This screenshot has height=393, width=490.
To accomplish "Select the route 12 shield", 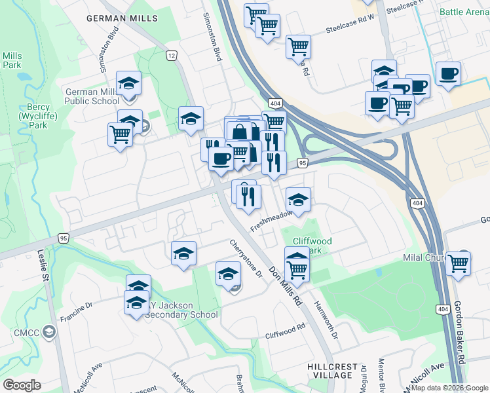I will (172, 56).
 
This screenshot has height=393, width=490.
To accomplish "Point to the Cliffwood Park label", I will (312, 246).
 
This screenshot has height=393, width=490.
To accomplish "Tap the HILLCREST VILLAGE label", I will (332, 371).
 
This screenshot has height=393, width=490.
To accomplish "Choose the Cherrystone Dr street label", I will (246, 257).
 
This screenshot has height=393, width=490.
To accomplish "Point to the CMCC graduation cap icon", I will (49, 332).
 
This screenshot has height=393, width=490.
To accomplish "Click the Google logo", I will (22, 385).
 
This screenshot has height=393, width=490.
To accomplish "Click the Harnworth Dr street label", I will (325, 320).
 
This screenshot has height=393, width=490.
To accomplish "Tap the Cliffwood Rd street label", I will (285, 331).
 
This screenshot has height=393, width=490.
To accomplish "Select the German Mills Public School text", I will (92, 96).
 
